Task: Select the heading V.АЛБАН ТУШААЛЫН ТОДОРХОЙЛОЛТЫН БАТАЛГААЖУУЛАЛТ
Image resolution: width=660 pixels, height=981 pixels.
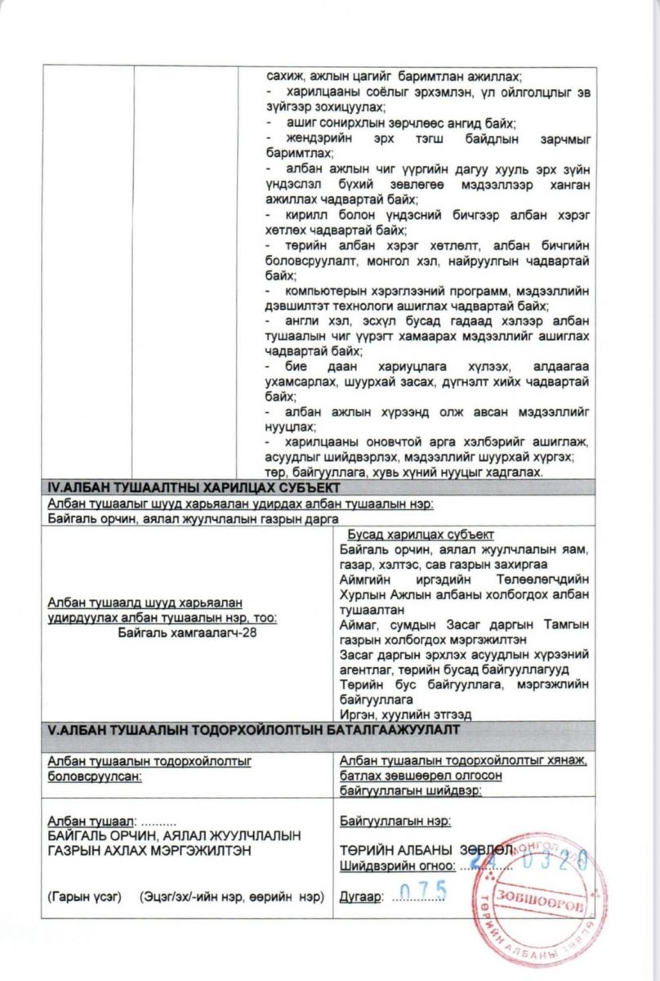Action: click(253, 728)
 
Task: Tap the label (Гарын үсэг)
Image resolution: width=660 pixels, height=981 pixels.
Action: click(85, 898)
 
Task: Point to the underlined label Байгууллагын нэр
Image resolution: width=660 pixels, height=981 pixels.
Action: click(395, 820)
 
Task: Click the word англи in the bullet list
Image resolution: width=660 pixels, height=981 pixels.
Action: click(301, 321)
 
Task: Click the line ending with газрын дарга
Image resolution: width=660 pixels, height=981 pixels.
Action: click(193, 519)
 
